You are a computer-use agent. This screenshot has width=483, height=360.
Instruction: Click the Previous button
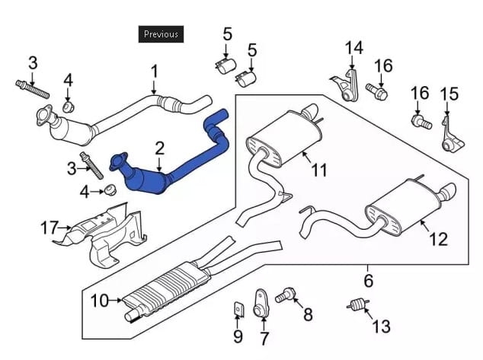[x=161, y=33]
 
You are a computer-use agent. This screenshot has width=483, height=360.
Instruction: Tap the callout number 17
[x=49, y=226]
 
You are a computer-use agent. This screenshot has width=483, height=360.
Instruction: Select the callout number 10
[x=99, y=301]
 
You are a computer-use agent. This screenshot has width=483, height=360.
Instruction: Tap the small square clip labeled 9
[x=238, y=308]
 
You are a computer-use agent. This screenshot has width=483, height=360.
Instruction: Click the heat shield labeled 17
[x=103, y=237]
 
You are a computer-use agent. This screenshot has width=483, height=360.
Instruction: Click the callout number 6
[x=368, y=280]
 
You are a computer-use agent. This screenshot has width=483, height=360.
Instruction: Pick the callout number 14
[x=353, y=48]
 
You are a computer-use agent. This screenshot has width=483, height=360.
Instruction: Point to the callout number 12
[x=438, y=239]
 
